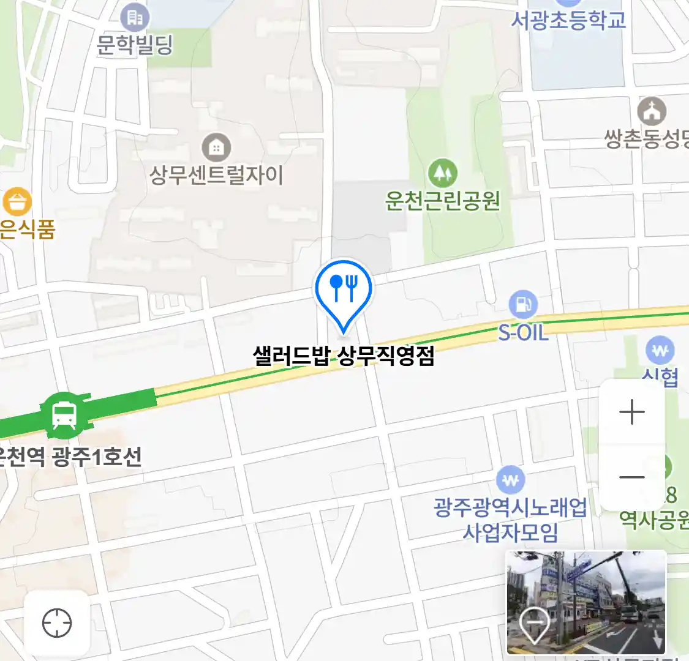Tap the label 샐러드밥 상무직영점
click(344, 356)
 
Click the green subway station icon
click(64, 414)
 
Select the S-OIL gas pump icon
click(523, 304)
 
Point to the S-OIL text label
click(523, 333)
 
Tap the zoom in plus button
click(632, 413)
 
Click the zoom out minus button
click(632, 477)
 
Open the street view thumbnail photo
click(586, 602)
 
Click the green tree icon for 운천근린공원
click(442, 173)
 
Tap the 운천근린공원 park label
click(442, 201)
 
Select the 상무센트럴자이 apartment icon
click(216, 148)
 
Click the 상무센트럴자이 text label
click(216, 176)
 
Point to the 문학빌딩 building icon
click(135, 18)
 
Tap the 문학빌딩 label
click(135, 45)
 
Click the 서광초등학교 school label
click(568, 20)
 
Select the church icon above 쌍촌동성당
click(652, 111)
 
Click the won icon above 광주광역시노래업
click(510, 480)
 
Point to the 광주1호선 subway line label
click(97, 457)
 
